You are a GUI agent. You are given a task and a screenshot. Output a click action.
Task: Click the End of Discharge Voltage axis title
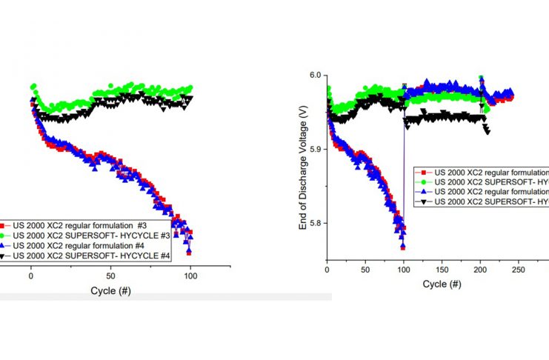point(302,167)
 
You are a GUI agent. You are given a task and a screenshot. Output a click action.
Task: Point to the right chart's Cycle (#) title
point(442,284)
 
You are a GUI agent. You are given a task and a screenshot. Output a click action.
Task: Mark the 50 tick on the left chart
point(111,272)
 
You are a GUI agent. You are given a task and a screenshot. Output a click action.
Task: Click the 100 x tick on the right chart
point(404,270)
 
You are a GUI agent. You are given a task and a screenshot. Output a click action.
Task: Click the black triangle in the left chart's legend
point(4,256)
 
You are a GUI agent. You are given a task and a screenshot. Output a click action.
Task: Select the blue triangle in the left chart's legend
point(4,245)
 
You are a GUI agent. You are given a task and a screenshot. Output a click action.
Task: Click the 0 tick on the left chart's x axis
point(31,272)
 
